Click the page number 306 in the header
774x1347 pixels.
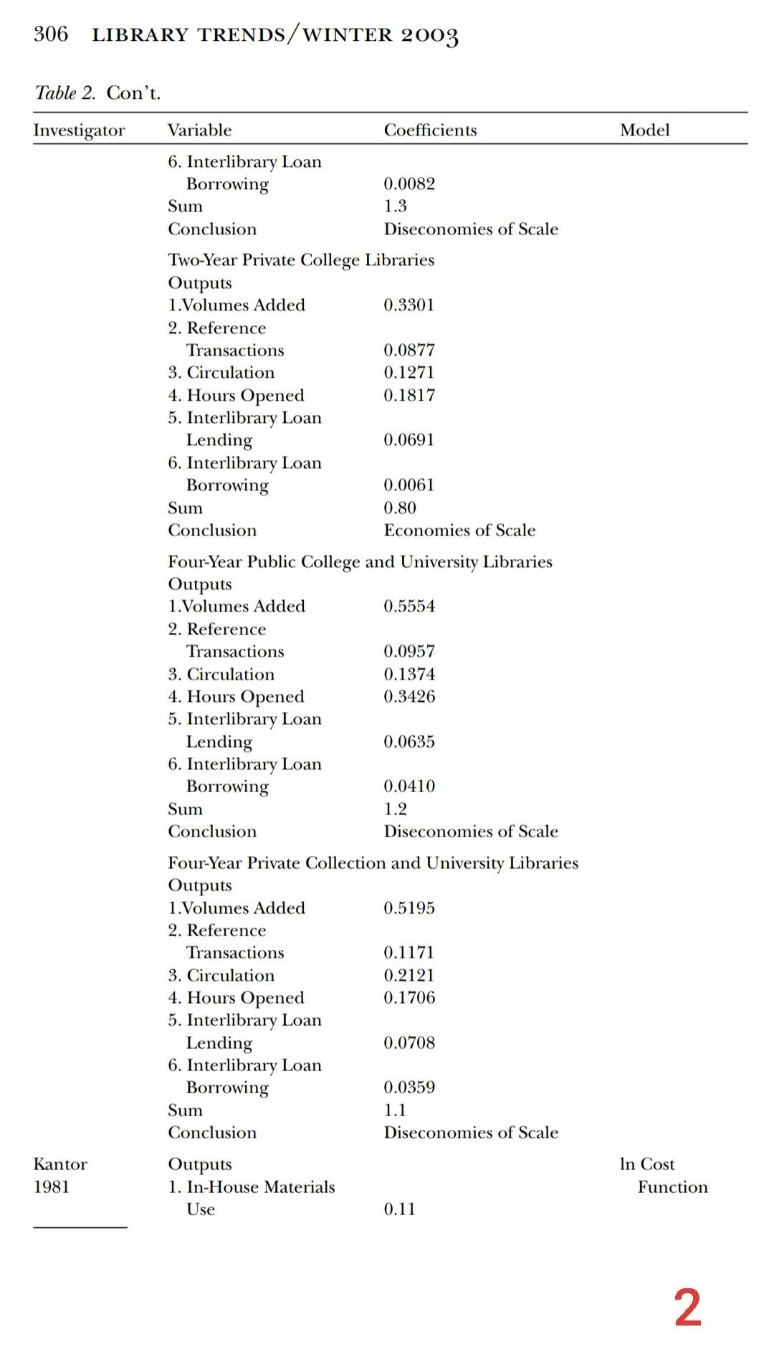(51, 34)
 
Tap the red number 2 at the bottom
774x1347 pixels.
(687, 1308)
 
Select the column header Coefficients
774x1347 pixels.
(430, 130)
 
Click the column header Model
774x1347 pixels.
(644, 130)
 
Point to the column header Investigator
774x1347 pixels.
(79, 130)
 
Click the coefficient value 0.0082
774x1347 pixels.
(409, 184)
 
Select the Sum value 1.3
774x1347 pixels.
(395, 206)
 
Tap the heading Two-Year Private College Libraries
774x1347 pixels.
(301, 260)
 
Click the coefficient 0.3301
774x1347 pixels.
(409, 305)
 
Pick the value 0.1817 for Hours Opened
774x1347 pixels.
(409, 395)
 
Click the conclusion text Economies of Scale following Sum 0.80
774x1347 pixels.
(459, 530)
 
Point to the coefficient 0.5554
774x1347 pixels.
(409, 606)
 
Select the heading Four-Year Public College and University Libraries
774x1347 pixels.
(360, 561)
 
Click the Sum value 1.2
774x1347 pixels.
(395, 809)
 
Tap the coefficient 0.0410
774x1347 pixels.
(409, 786)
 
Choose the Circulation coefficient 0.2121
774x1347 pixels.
(409, 975)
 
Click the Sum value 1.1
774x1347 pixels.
(395, 1110)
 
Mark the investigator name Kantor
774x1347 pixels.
(60, 1164)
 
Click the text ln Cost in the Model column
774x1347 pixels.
(647, 1164)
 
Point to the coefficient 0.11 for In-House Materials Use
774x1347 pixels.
(399, 1209)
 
